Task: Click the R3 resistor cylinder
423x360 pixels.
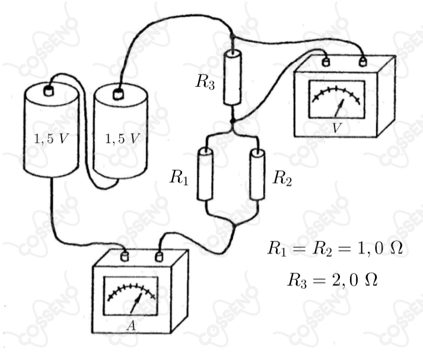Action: pos(233,77)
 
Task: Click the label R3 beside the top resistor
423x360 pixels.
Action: pos(205,81)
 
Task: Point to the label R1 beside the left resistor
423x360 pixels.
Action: pos(179,177)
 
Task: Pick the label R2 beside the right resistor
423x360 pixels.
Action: pos(282,178)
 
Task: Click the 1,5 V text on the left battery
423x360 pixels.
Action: pos(50,139)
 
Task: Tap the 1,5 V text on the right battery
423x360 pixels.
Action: pos(122,139)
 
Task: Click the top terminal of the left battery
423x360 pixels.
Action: pos(49,91)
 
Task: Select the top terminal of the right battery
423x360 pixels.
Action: pos(118,94)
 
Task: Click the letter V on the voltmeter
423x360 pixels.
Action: pos(336,128)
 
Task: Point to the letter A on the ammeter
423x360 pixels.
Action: pos(131,326)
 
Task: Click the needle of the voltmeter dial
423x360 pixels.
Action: pos(339,108)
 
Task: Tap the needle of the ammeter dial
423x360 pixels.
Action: pos(136,304)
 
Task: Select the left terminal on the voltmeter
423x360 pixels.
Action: pos(326,62)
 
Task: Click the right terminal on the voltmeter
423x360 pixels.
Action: pos(363,61)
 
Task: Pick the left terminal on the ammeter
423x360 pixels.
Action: pos(125,256)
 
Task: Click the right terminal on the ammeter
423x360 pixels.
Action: pos(159,257)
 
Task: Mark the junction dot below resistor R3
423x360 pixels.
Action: pos(233,122)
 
